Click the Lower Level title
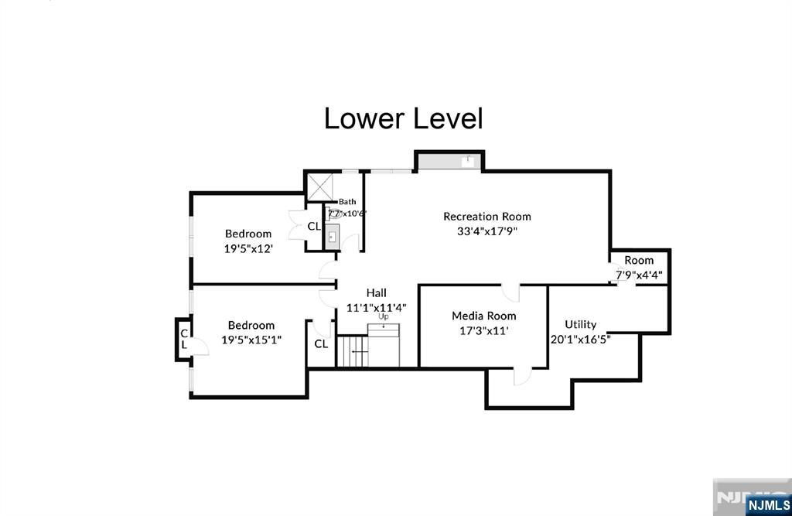tap(403, 119)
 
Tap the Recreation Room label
tap(486, 217)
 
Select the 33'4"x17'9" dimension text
tap(486, 231)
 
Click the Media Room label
tap(483, 316)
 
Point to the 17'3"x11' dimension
tap(483, 330)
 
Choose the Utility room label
tap(580, 324)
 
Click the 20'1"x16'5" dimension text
tap(580, 338)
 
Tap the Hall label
tap(377, 292)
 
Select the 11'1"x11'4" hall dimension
tap(377, 307)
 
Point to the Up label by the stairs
tap(383, 317)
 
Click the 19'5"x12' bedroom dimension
tap(248, 248)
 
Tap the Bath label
tap(347, 202)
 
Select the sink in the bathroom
tap(333, 236)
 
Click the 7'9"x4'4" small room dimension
tap(639, 274)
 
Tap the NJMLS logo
tap(768, 507)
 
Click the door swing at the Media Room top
tap(511, 292)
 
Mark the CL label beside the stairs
tap(321, 343)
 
